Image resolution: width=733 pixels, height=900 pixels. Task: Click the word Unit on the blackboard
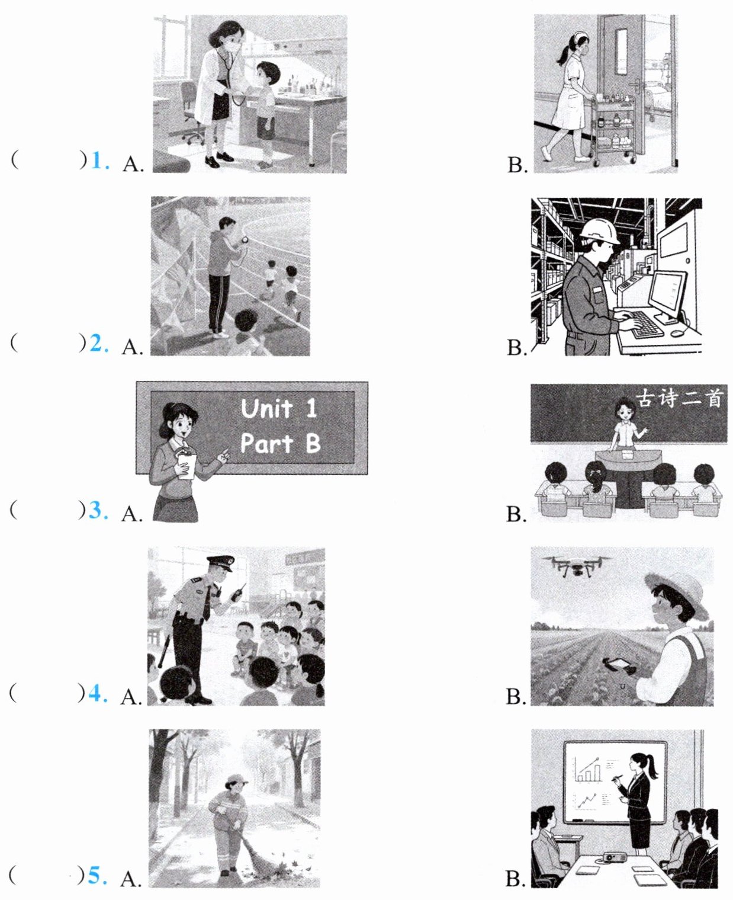tap(266, 408)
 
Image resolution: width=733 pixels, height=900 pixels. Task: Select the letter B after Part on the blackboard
tap(313, 443)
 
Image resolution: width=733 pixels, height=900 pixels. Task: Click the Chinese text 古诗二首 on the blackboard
tap(679, 399)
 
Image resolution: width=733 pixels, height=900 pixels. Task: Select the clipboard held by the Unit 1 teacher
tap(186, 465)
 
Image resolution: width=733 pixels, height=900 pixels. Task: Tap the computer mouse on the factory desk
tap(677, 333)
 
